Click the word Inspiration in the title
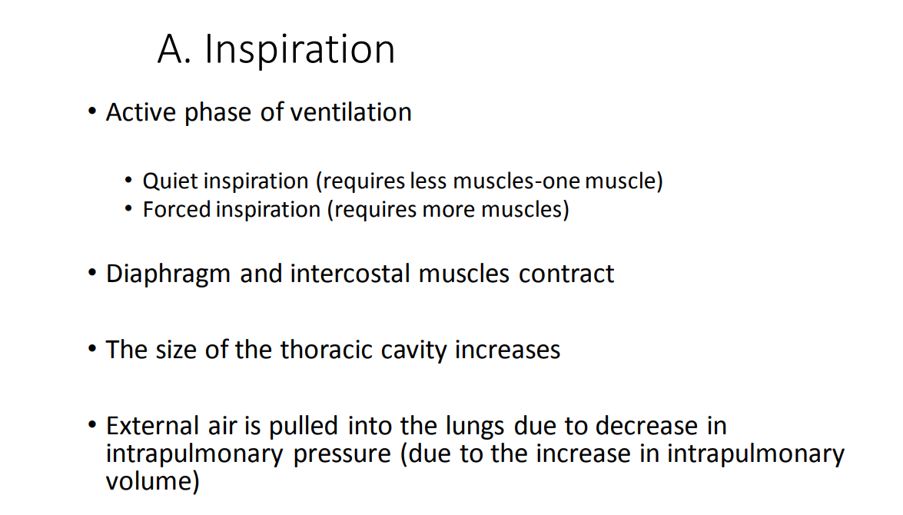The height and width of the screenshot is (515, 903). [x=300, y=51]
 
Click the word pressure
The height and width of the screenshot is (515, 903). [x=343, y=454]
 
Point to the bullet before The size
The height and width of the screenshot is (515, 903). [x=92, y=350]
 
